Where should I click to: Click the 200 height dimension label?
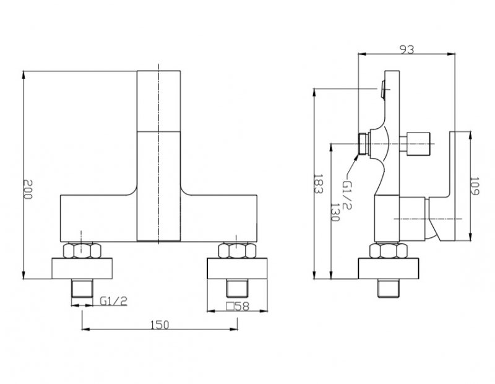coord(28,189)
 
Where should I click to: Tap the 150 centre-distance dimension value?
coord(160,325)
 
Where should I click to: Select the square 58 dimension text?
coord(238,306)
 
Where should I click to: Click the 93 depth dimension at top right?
coord(407,50)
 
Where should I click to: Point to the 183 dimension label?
coord(318,183)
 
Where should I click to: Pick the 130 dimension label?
coord(335,212)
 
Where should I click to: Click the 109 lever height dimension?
coord(475,186)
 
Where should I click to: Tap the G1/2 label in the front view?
coord(113,301)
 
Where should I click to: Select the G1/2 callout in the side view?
coord(347,194)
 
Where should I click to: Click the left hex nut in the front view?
coord(82,250)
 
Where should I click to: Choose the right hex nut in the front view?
coord(237,250)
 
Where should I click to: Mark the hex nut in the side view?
coord(389,251)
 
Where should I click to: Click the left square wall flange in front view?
coord(82,268)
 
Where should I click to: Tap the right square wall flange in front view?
coord(237,268)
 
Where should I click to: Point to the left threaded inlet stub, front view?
coord(82,288)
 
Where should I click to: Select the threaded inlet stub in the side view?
coord(389,288)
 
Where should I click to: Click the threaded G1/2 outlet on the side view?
coord(364,144)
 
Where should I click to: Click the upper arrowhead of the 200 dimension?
coord(24,74)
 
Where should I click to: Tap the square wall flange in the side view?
coord(389,269)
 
